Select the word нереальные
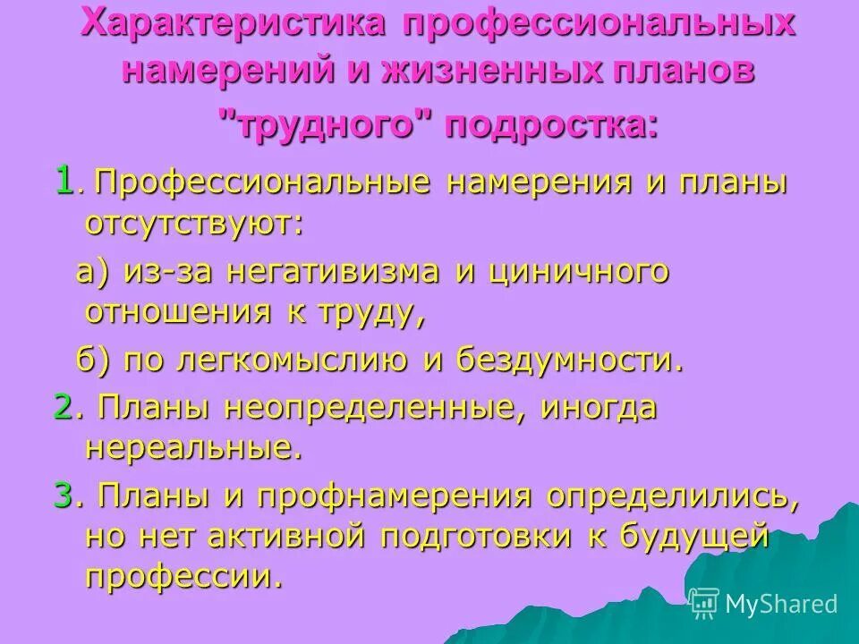coord(193,447)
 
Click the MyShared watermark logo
coord(764,604)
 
